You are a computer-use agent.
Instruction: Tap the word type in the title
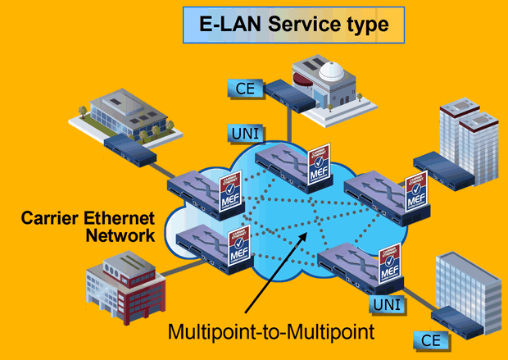[367, 25]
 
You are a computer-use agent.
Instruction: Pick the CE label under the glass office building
[431, 339]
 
